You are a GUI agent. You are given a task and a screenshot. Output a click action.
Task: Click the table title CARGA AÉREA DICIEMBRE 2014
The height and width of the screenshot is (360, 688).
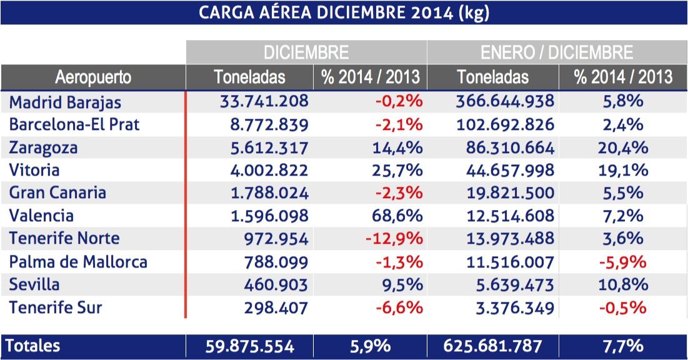[x=343, y=12]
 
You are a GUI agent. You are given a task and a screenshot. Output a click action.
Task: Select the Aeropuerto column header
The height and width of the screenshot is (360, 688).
[x=93, y=77]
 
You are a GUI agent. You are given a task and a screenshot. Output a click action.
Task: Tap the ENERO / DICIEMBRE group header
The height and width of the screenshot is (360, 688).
[x=557, y=52]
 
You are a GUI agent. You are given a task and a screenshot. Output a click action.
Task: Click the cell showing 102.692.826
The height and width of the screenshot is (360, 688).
[x=505, y=124]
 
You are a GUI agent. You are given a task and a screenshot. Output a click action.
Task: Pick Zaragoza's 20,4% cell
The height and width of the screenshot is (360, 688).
[x=623, y=147]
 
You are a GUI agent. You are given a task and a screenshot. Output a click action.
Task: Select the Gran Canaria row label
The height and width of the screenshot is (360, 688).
[x=57, y=193]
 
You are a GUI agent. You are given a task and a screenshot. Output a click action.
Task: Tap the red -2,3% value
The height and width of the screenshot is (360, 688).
[x=399, y=193]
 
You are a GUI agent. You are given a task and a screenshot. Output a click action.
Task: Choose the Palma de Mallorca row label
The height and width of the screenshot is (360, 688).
[x=78, y=262]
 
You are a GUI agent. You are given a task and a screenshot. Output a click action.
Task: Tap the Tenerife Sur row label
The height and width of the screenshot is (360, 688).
[x=56, y=307]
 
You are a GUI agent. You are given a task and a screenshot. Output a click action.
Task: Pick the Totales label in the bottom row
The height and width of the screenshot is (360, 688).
[x=35, y=346]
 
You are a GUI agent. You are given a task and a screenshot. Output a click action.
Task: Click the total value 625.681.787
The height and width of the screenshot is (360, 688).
[x=492, y=346]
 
